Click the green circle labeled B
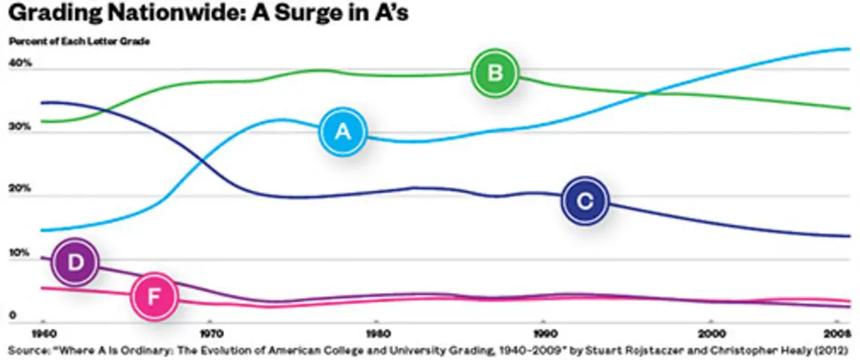point(495,73)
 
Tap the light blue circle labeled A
point(342,132)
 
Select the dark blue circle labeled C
point(585,201)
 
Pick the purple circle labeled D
point(75,262)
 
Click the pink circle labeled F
point(154,297)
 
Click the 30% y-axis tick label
point(20,127)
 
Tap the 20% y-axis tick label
point(20,189)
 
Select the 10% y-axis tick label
point(20,252)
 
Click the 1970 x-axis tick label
point(210,332)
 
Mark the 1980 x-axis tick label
point(376,332)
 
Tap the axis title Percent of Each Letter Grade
point(79,42)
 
